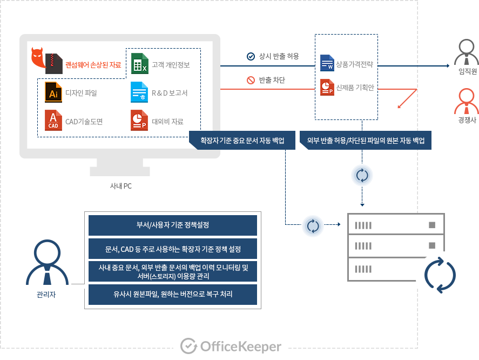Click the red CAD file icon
coord(53,121)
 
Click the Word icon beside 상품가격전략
coord(327,63)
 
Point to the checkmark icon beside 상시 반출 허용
coord(251,56)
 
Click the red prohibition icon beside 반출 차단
coord(251,81)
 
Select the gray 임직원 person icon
coord(467,52)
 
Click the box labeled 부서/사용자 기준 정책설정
coord(173,225)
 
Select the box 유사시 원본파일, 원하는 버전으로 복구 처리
coord(173,295)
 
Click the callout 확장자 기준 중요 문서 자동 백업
coord(242,141)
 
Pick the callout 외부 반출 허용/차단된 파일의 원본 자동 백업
coord(366,141)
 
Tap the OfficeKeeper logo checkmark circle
coord(187,346)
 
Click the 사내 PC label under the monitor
coord(120,186)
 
